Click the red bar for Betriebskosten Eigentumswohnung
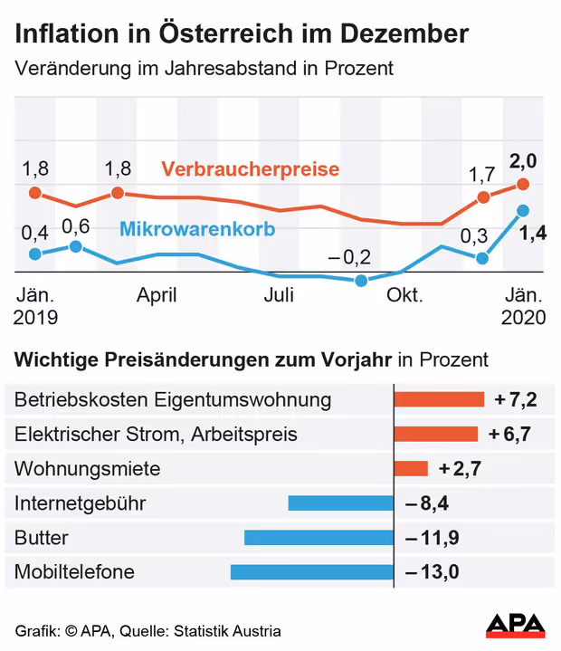coord(439,399)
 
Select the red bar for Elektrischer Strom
coord(436,434)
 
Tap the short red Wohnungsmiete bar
coord(411,468)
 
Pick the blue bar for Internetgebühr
coord(340,503)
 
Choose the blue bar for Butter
coord(319,537)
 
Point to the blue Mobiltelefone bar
coord(312,571)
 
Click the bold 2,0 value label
coord(523,161)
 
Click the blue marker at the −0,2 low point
coord(361,281)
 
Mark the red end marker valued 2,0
coord(523,185)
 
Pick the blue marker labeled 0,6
coord(76,246)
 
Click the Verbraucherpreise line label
coord(250,169)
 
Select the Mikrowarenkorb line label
coord(197,227)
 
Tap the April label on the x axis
coord(157,295)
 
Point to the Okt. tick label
coord(402,295)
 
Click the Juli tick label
coord(279,295)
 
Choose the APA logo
coord(515,625)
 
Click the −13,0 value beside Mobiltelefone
coord(433,572)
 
